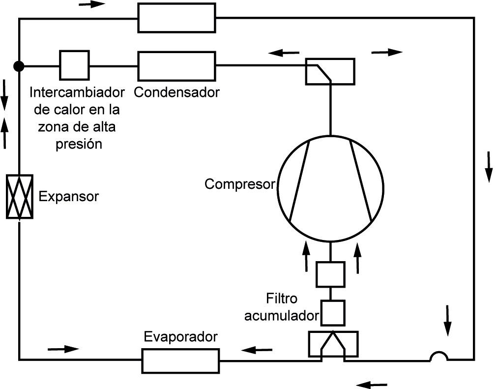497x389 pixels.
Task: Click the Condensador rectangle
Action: (x=176, y=66)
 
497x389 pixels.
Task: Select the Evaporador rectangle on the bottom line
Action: (x=180, y=360)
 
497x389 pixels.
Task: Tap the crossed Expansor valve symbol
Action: (x=20, y=197)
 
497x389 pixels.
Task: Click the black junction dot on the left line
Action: (x=19, y=66)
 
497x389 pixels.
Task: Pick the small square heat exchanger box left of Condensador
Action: (x=74, y=65)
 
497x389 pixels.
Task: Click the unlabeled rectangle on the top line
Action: (x=176, y=18)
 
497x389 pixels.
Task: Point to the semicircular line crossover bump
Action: (x=439, y=356)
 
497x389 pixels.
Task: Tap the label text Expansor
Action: (x=69, y=197)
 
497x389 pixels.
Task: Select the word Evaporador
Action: (x=180, y=337)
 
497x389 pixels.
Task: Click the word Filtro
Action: (x=282, y=299)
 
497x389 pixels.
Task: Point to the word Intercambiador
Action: (x=77, y=92)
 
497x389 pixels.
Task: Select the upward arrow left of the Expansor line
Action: (x=5, y=133)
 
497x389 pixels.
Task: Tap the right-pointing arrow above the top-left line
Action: (x=92, y=4)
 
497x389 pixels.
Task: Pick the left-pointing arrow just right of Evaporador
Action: (x=257, y=350)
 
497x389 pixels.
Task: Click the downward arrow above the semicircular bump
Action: (x=447, y=321)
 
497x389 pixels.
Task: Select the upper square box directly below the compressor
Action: (x=330, y=274)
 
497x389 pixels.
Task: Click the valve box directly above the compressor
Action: (x=330, y=71)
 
